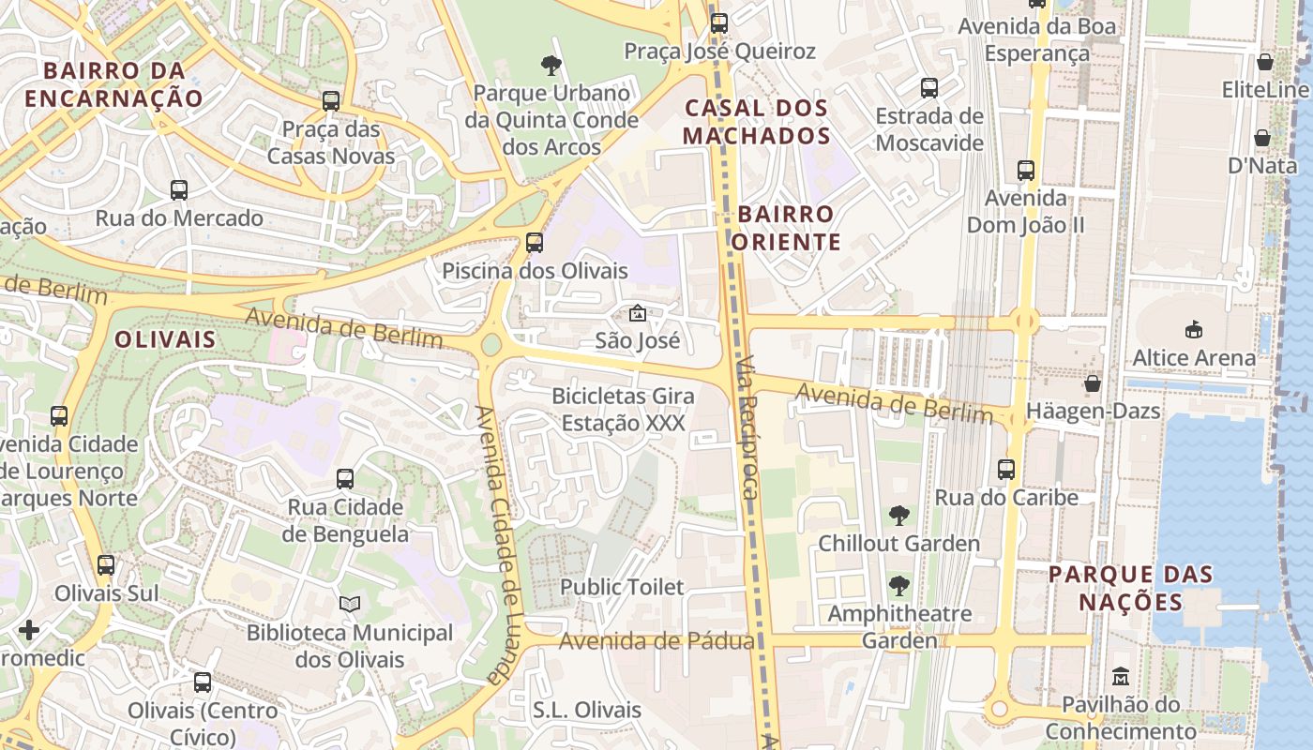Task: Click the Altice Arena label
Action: pos(1193,357)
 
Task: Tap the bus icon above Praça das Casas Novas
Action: pos(330,100)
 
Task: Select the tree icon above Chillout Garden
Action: pos(898,515)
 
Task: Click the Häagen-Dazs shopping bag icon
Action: pos(1092,383)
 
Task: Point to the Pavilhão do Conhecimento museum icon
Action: pos(1120,676)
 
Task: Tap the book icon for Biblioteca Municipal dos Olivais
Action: pos(349,605)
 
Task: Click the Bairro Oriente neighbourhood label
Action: pos(786,228)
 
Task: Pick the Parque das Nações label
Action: pos(1131,588)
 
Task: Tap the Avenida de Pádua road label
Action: pos(656,641)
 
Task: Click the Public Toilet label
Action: pos(622,587)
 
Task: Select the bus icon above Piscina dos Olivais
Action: pos(534,243)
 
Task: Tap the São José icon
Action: pos(637,313)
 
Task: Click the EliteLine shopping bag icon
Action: pos(1264,63)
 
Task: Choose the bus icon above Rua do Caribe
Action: pos(1006,470)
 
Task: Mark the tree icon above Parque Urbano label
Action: pos(551,65)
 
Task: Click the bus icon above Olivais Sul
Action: pos(106,565)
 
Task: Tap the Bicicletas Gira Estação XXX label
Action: pos(623,409)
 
